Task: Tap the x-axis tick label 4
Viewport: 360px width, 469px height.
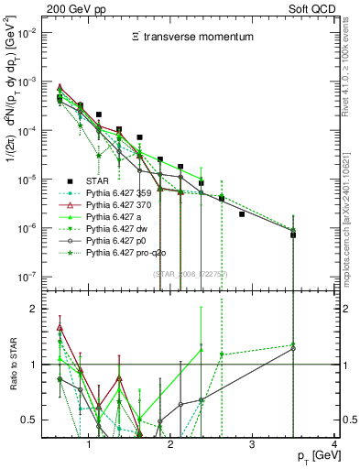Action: point(333,444)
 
